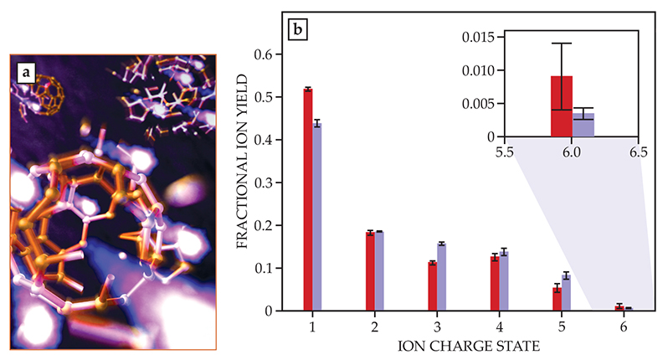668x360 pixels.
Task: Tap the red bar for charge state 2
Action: [x=370, y=271]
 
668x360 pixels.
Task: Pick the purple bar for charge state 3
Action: [x=441, y=277]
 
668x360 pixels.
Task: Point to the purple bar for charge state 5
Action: [x=566, y=292]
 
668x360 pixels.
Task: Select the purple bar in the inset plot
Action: [x=583, y=125]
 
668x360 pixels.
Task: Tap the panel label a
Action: [x=28, y=73]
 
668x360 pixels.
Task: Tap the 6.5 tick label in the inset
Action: [x=639, y=152]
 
